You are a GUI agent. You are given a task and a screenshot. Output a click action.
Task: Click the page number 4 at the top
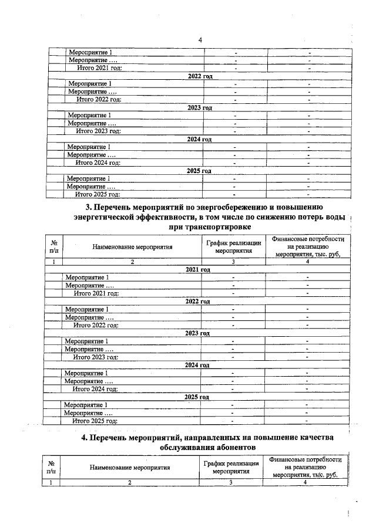[200, 40]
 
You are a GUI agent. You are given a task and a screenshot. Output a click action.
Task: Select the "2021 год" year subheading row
[197, 269]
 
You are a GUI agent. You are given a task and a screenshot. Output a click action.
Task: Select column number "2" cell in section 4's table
[130, 482]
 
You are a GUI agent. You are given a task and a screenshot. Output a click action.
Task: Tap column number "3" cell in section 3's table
[233, 261]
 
